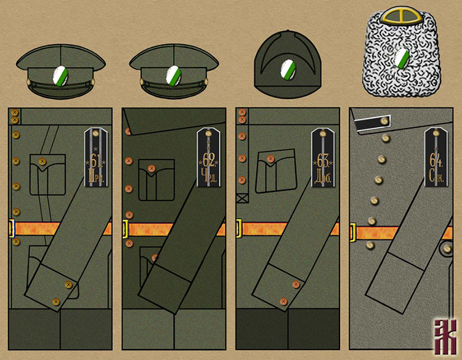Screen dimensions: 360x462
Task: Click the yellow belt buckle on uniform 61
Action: tap(11, 228)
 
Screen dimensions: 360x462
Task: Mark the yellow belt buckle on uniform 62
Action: tap(125, 229)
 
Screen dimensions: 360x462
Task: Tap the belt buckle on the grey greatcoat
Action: tap(352, 233)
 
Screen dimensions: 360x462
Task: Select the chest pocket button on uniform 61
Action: tap(42, 162)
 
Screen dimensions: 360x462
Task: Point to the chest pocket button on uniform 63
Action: tap(270, 159)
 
